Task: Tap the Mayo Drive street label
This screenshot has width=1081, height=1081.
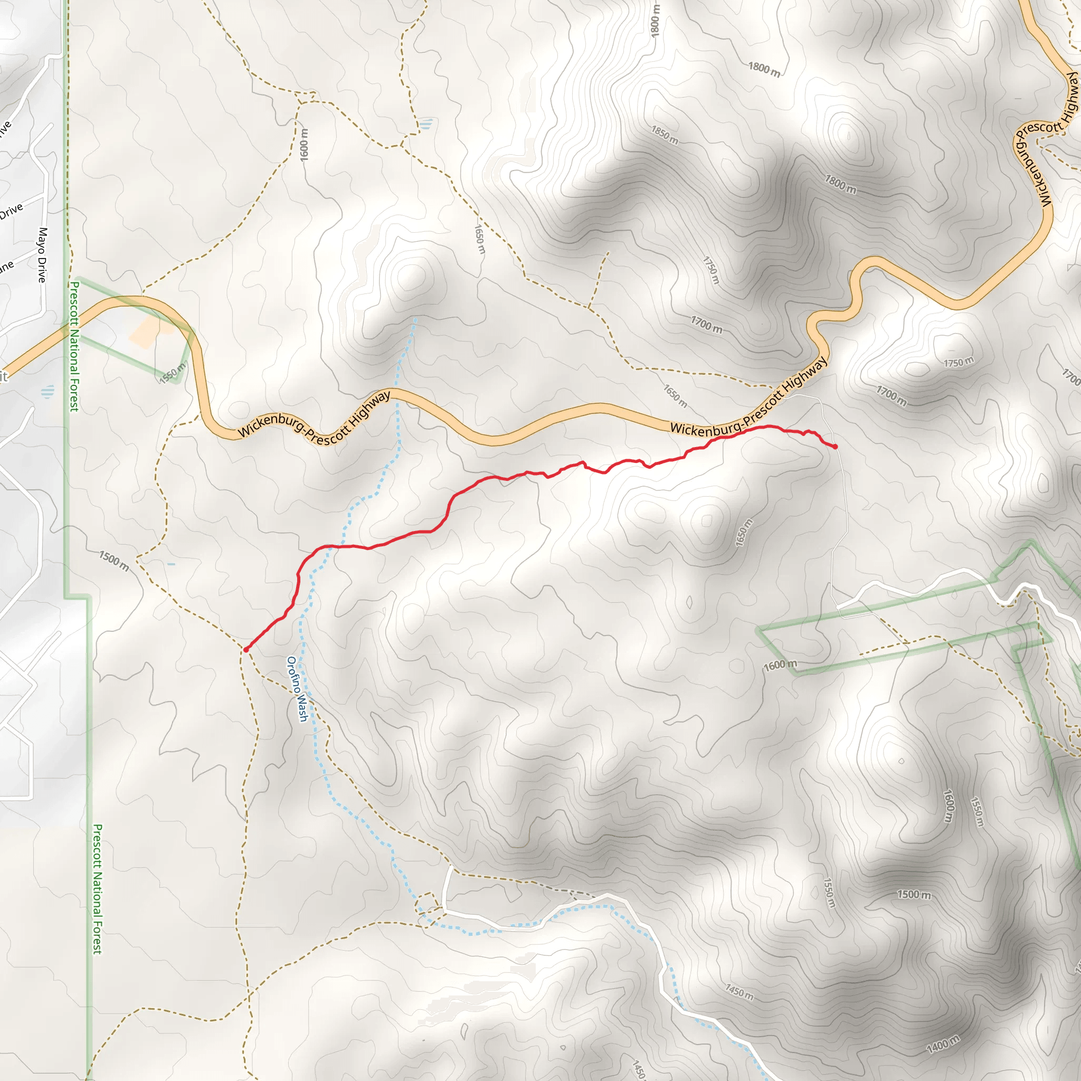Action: (43, 254)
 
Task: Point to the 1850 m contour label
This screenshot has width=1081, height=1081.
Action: (665, 135)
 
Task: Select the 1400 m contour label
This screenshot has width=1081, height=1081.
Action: (943, 1044)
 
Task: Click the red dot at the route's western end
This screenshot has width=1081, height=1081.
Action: (245, 650)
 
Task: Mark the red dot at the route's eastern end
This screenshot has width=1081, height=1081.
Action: (835, 447)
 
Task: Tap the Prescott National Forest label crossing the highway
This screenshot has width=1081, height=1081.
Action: (74, 346)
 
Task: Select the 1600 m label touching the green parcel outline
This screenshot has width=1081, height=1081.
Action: (780, 665)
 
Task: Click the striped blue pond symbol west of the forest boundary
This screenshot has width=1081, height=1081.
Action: (48, 391)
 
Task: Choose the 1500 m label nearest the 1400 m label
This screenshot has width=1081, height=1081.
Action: (914, 895)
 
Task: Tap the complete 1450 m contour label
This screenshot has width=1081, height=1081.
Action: (739, 992)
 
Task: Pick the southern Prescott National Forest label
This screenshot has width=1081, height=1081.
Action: (97, 888)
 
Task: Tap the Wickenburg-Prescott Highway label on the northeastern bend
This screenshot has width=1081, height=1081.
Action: (1044, 140)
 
